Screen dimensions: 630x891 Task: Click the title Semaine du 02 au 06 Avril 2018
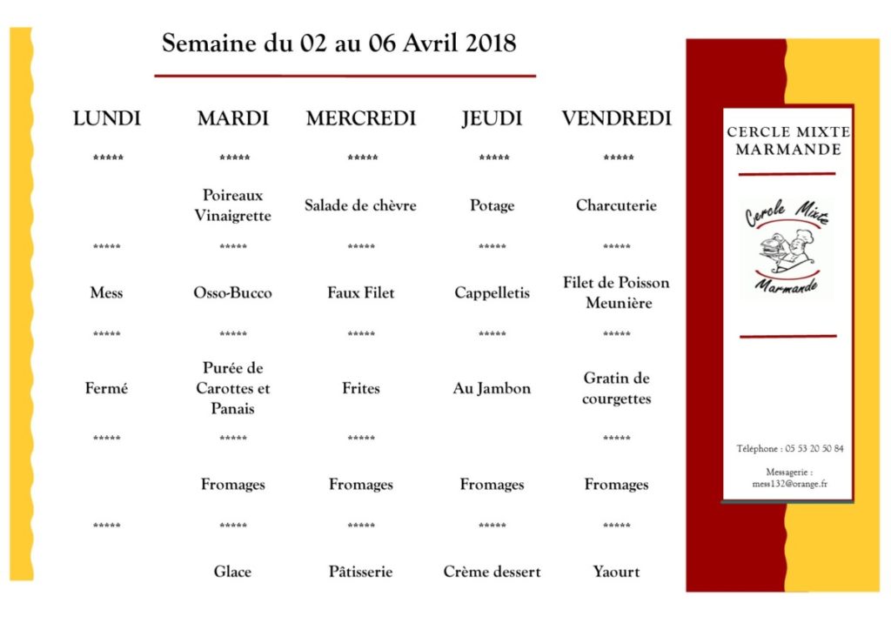(339, 43)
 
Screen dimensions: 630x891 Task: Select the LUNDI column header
(107, 118)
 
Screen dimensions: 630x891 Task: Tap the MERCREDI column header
(361, 118)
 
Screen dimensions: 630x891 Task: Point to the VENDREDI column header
(616, 118)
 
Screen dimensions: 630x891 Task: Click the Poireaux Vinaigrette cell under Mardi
(232, 205)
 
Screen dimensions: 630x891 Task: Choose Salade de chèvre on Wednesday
(360, 205)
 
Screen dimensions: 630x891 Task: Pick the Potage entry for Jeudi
(492, 205)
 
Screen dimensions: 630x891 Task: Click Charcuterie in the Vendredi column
(616, 205)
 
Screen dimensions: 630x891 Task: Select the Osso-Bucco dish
(232, 292)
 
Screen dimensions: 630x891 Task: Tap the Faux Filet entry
(360, 292)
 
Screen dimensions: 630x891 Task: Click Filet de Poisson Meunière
(616, 292)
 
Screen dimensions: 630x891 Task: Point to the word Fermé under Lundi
(106, 388)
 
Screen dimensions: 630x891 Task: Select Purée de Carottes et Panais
(232, 388)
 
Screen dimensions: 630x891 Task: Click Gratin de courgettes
(616, 388)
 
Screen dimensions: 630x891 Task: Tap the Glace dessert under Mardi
(232, 572)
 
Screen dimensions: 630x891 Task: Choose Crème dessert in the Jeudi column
(492, 572)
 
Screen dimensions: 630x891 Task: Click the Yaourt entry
(616, 572)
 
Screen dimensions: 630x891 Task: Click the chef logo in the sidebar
(787, 246)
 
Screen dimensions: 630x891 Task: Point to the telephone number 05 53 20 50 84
(814, 449)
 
